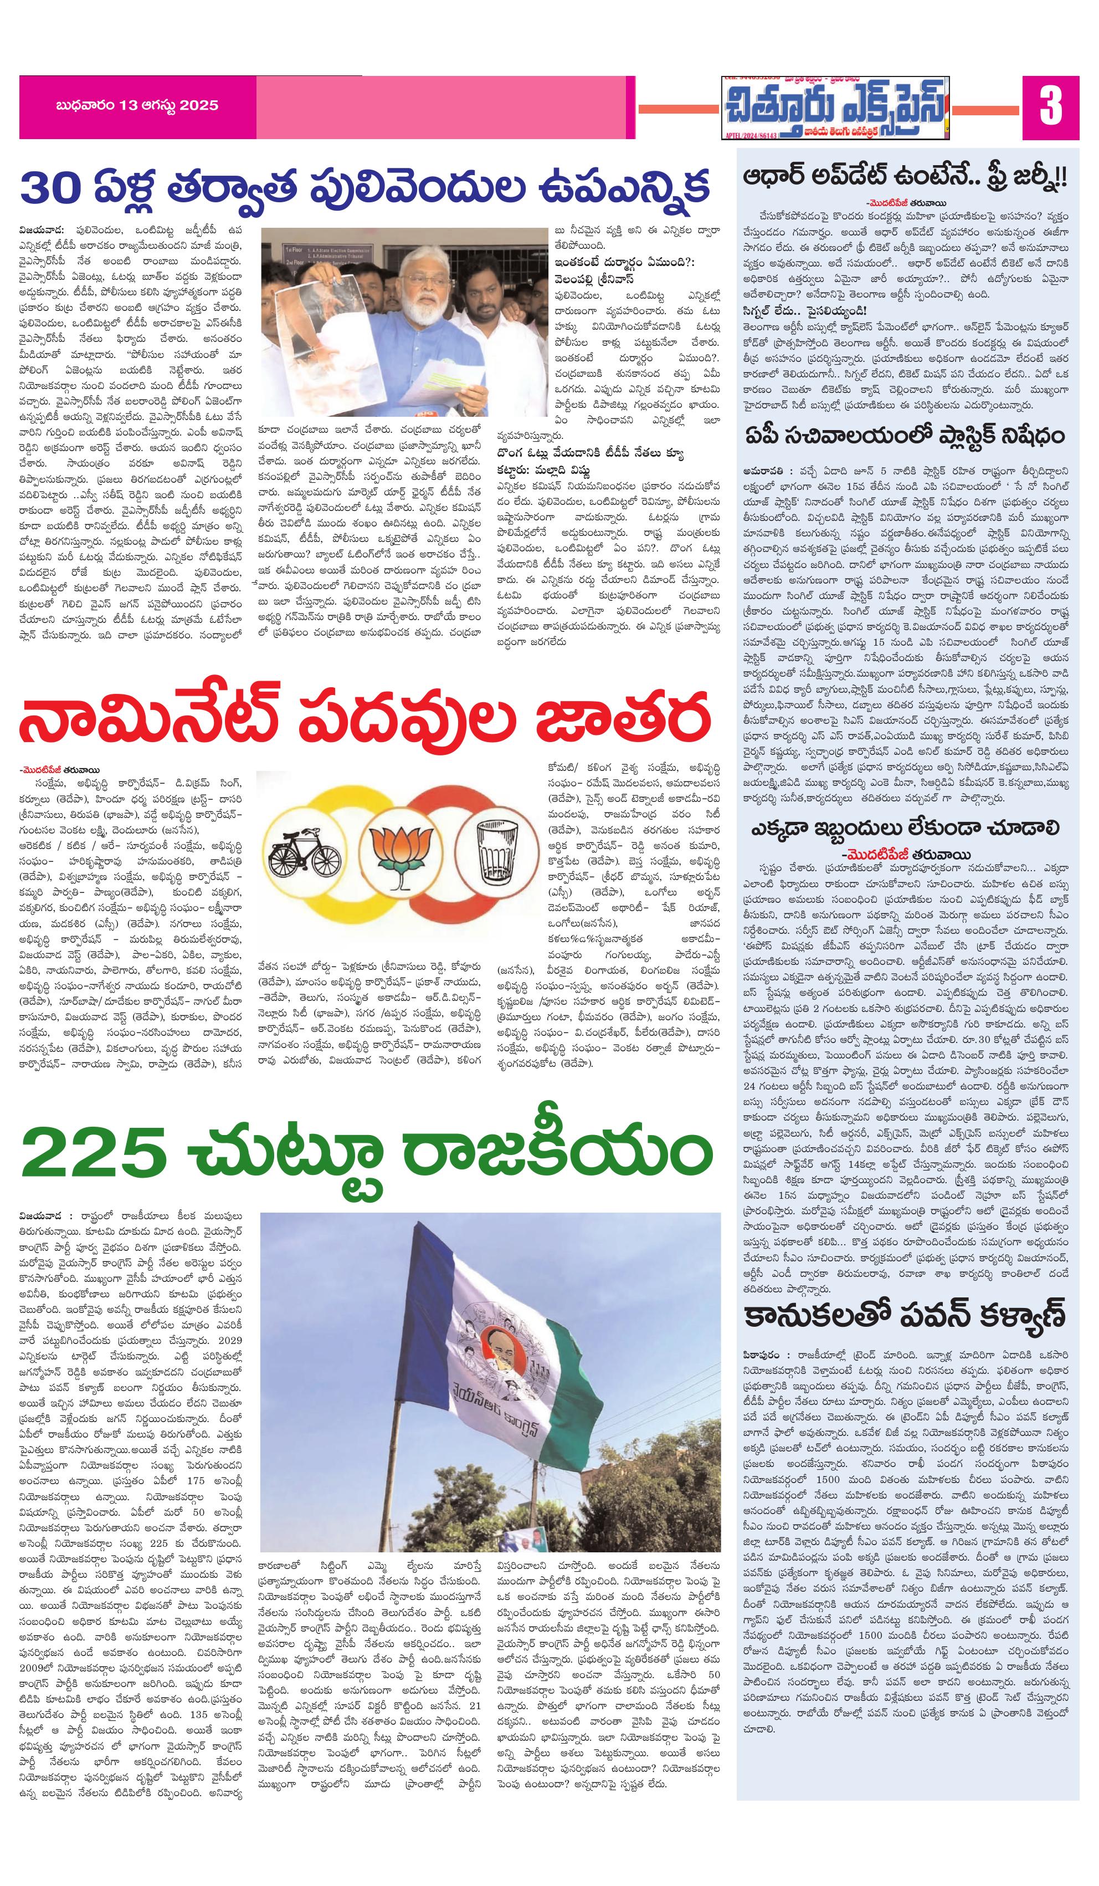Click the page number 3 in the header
(x=1050, y=107)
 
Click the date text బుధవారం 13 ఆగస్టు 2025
(x=137, y=105)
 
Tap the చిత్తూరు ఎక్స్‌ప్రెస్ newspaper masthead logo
(x=835, y=108)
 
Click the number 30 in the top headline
(x=51, y=187)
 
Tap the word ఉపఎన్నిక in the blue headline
(x=623, y=187)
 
